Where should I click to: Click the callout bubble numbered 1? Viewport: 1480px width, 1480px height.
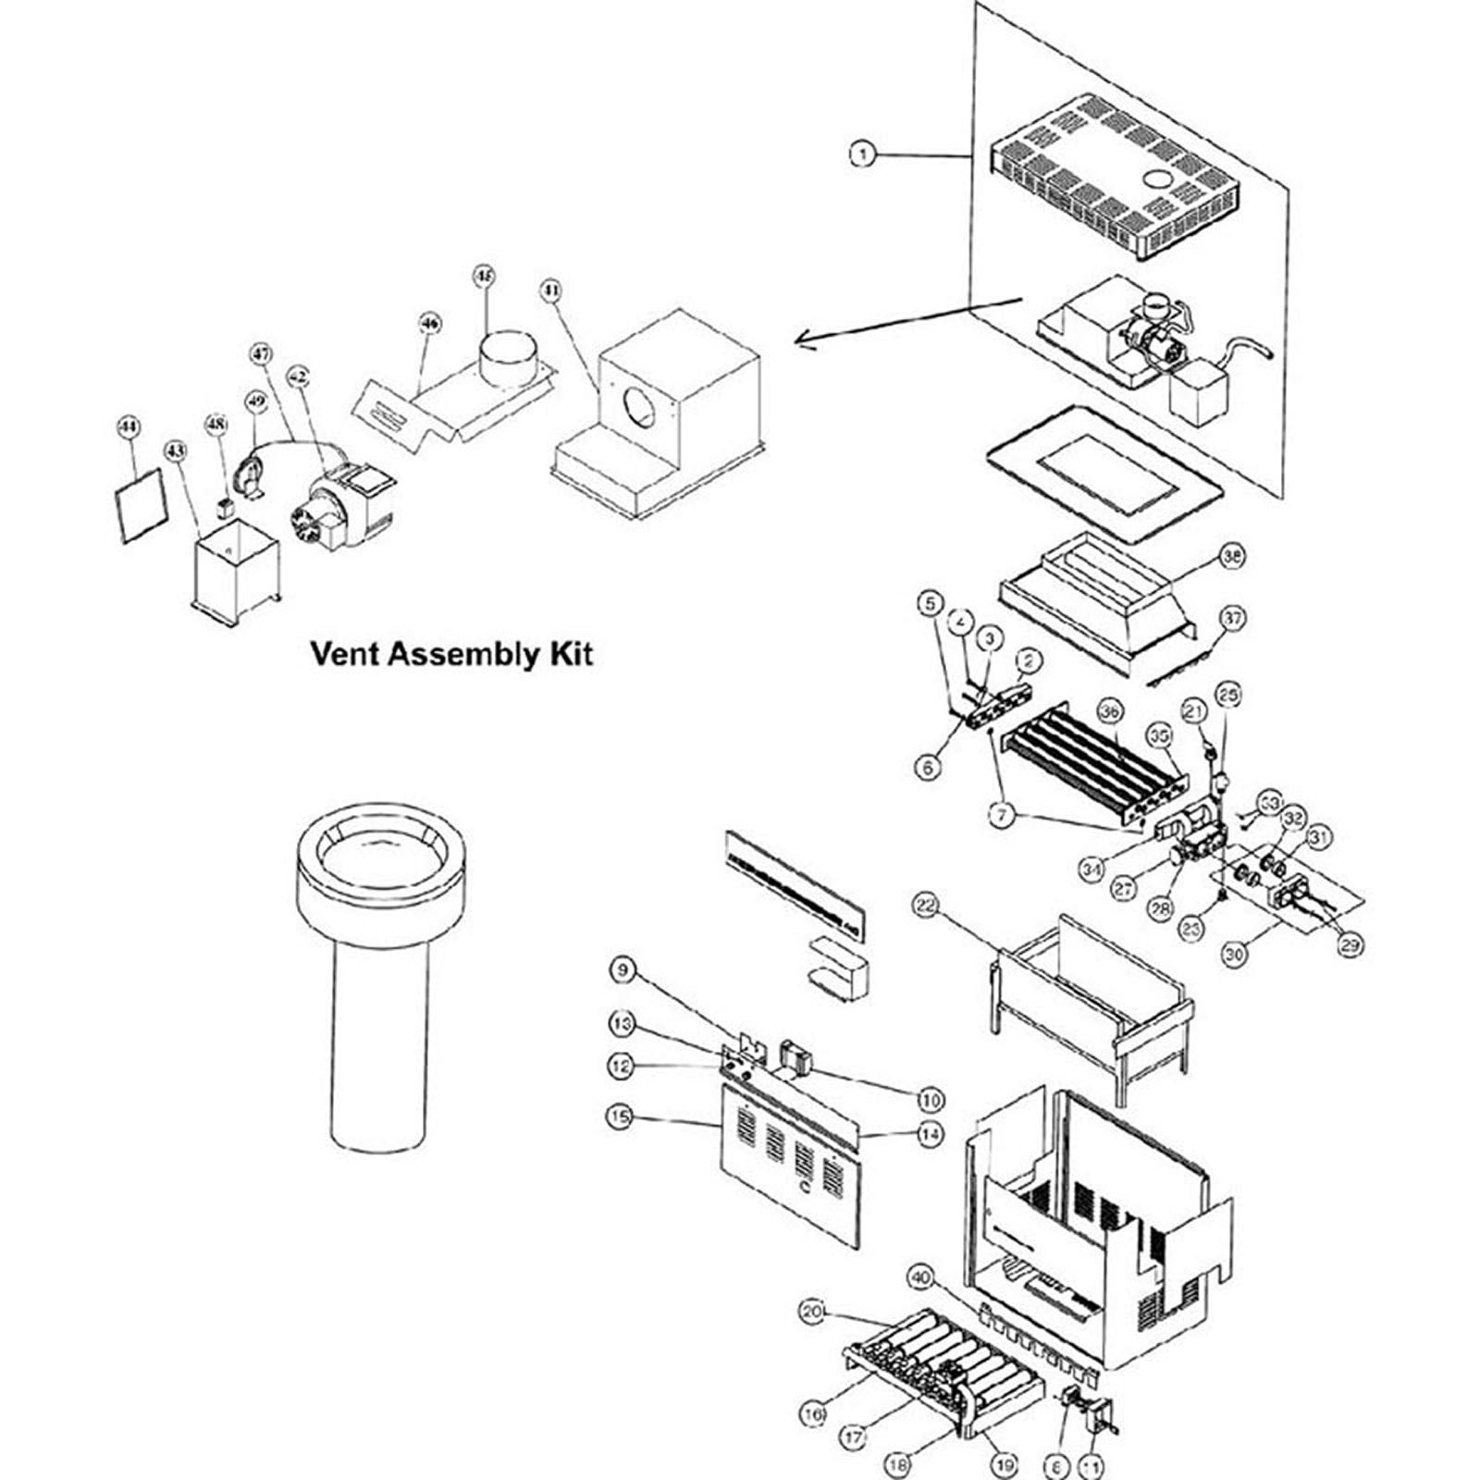862,154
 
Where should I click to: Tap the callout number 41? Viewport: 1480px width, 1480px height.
550,291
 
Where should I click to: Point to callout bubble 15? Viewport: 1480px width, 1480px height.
620,1116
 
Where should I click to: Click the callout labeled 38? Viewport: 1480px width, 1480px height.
1232,557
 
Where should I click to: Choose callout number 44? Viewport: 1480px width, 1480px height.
129,426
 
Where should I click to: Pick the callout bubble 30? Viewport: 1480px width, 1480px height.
1236,954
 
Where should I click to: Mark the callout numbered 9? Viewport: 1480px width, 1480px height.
623,969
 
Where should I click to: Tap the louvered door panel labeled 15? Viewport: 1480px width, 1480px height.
791,1175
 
